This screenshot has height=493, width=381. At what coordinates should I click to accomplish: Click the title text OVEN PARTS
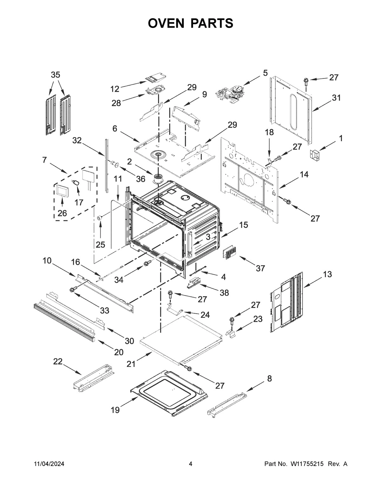(190, 23)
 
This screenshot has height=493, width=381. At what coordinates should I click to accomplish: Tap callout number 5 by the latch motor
(265, 73)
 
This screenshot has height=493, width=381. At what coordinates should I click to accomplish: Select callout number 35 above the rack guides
(55, 75)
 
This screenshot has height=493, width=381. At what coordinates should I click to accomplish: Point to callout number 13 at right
(327, 274)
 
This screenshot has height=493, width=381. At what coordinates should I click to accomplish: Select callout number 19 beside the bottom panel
(115, 410)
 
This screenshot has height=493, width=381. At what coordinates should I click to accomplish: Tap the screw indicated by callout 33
(73, 290)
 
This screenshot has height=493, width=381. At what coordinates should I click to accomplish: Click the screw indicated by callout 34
(148, 263)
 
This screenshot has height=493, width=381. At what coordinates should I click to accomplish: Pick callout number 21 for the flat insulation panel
(131, 364)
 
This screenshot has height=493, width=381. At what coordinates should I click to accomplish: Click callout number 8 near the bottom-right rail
(269, 378)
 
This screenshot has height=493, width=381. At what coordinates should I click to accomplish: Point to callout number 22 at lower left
(58, 362)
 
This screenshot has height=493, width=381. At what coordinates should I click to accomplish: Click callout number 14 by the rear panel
(304, 174)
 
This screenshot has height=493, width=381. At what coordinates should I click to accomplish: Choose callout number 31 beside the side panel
(336, 98)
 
